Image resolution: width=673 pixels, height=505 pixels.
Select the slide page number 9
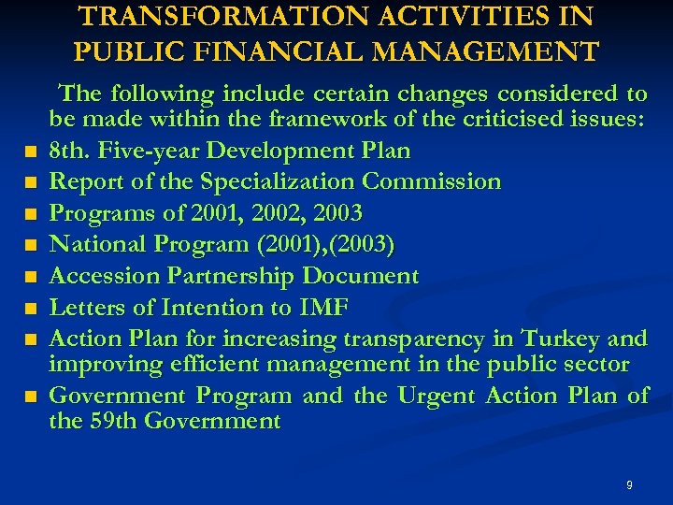pyautogui.click(x=629, y=484)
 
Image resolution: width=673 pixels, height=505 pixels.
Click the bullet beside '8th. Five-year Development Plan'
pyautogui.click(x=32, y=151)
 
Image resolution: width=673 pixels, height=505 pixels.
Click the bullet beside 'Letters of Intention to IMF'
pyautogui.click(x=32, y=309)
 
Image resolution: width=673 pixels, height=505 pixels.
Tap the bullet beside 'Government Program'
pyautogui.click(x=32, y=397)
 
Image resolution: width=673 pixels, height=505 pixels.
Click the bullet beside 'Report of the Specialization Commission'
pyautogui.click(x=32, y=182)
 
